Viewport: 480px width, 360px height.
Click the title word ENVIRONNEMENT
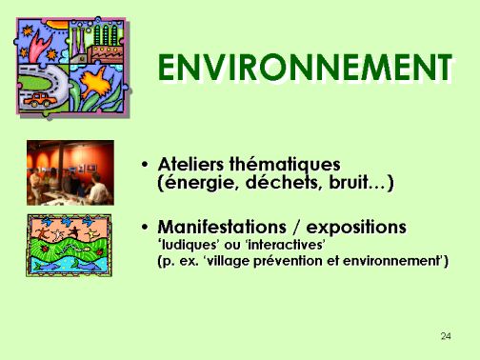[x=305, y=68]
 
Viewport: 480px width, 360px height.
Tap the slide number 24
[x=446, y=336]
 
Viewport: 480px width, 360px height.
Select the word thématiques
[x=285, y=165]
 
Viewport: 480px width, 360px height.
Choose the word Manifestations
[x=222, y=227]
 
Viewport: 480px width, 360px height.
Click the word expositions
[x=356, y=228]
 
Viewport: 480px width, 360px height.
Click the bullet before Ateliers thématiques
[x=145, y=165]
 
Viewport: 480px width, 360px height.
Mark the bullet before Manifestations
[x=145, y=228]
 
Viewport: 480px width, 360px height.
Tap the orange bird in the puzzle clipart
[x=95, y=82]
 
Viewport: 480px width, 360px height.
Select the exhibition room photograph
[x=70, y=172]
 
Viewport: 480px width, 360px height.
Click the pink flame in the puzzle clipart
[x=39, y=46]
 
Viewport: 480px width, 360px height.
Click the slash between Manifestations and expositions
[x=296, y=228]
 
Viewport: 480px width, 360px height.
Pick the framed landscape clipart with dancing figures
[x=69, y=246]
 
